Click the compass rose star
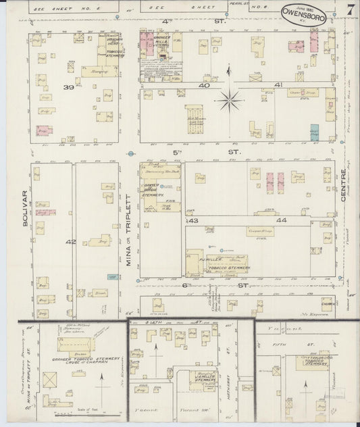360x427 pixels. click(x=230, y=101)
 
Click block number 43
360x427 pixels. click(x=193, y=220)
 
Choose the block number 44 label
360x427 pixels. click(x=281, y=220)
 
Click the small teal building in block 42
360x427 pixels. click(x=111, y=275)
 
